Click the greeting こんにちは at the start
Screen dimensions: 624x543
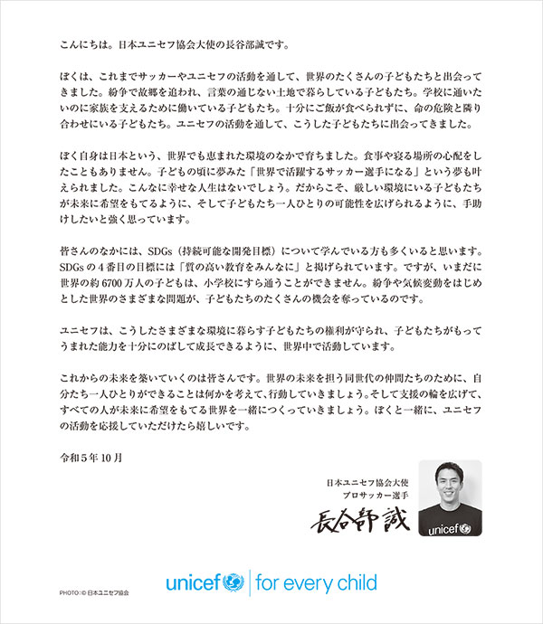click(x=76, y=41)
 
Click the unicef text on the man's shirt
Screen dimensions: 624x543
click(x=452, y=525)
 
